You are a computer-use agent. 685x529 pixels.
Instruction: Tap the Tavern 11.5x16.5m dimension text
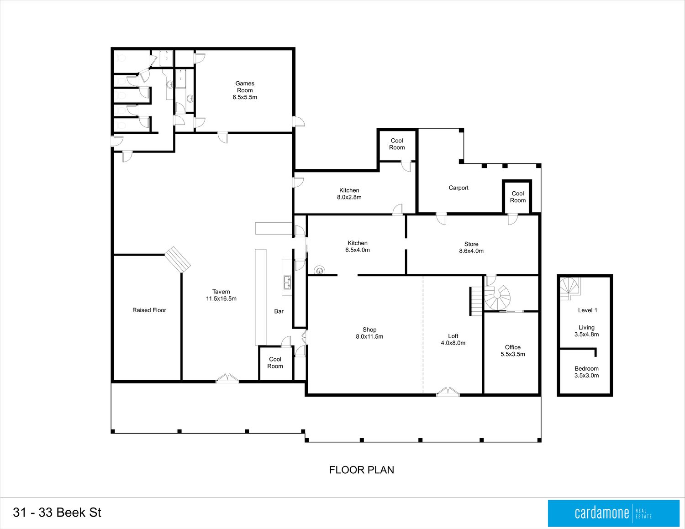(221, 299)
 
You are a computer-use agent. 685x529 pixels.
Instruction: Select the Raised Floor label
(149, 310)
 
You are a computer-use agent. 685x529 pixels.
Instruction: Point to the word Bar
(279, 311)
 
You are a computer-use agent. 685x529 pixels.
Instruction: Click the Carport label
(458, 188)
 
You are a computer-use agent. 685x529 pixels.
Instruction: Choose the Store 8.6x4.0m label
(471, 247)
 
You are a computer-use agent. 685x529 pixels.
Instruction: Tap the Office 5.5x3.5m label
(512, 351)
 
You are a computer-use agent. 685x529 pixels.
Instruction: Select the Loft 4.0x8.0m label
(453, 339)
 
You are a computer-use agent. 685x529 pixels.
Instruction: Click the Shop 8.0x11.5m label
(369, 333)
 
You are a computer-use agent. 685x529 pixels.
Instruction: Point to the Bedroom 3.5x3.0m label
(586, 372)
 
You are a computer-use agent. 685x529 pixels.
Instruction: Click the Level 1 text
(587, 310)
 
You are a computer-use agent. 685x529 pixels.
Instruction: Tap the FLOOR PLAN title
(362, 470)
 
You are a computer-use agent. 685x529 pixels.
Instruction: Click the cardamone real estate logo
(613, 513)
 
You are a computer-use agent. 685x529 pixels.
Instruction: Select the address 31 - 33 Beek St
(57, 513)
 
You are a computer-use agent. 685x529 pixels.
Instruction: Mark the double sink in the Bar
(287, 283)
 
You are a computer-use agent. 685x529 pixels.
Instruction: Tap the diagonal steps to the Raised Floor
(178, 259)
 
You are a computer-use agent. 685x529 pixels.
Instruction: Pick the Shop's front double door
(448, 391)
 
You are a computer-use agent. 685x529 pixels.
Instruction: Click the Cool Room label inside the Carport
(517, 197)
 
